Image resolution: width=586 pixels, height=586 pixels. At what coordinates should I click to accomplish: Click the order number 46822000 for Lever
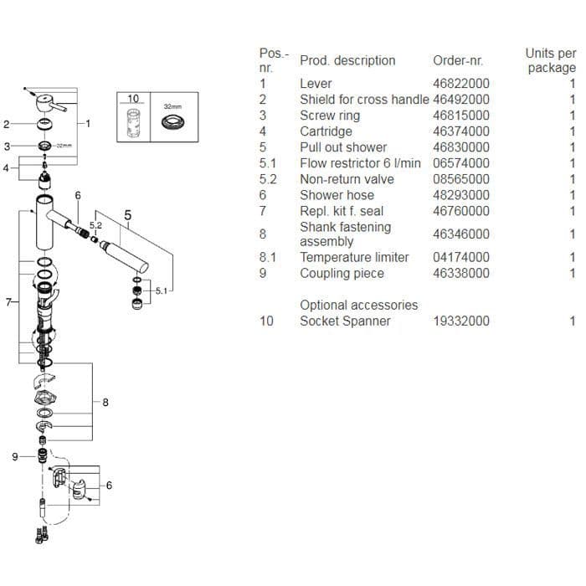coord(460,84)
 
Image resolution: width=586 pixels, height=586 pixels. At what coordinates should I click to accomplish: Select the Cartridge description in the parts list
coord(326,131)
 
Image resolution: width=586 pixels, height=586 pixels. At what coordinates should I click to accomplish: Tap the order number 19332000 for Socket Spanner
coord(460,321)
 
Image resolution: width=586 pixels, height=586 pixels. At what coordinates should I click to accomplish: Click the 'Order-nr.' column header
coord(457,60)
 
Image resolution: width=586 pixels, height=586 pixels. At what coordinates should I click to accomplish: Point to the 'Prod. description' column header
coord(347,60)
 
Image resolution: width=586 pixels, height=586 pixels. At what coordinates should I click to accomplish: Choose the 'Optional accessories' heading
coord(359,305)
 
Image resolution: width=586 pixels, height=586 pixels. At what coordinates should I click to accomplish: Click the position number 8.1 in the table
coord(268,257)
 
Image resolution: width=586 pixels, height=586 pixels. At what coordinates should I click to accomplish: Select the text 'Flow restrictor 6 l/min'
coord(360,163)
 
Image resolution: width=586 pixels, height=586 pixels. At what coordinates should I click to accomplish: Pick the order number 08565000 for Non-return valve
coord(460,179)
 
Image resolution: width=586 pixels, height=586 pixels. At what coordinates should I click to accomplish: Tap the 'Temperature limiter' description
coord(354,257)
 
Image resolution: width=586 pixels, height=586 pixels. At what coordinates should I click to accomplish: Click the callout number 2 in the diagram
coord(7,125)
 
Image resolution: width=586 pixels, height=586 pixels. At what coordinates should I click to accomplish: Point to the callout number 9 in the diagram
coord(15,457)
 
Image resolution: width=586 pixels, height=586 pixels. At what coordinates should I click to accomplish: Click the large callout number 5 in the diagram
coord(128,215)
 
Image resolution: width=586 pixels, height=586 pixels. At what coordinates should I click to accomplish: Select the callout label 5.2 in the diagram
coord(95,225)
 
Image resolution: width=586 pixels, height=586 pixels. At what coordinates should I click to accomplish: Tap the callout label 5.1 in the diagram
coord(162,290)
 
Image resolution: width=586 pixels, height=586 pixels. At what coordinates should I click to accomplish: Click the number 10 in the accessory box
coord(133,98)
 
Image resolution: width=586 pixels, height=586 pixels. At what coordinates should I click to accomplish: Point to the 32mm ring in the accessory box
coord(172,122)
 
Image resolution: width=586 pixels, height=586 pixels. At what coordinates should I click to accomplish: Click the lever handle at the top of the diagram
coord(51,101)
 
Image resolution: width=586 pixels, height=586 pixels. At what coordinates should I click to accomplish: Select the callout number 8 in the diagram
coord(105,403)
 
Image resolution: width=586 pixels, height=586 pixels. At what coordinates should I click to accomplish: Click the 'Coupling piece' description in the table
coord(342,273)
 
